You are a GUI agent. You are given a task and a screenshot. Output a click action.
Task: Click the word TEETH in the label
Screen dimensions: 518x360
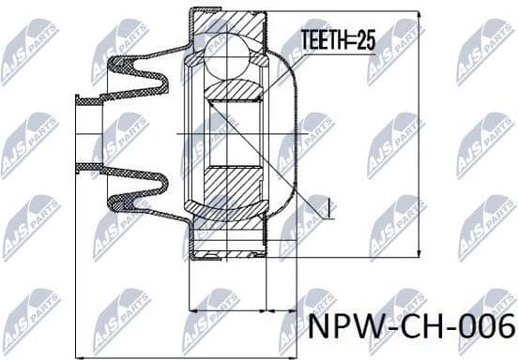click(x=320, y=40)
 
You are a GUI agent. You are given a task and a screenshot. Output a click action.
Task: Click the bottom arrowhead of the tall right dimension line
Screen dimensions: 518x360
click(x=416, y=252)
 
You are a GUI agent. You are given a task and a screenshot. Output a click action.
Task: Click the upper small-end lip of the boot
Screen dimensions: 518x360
click(x=88, y=99)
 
